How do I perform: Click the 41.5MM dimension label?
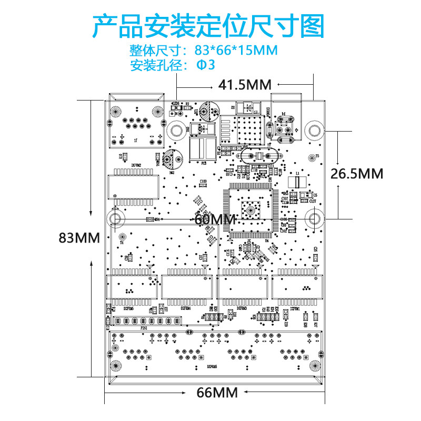coord(245,85)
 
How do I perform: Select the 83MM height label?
coord(79,238)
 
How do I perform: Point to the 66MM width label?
coord(217,393)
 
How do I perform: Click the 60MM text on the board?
coord(215,219)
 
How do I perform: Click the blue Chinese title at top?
coord(209,26)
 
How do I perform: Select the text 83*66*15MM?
coord(236,51)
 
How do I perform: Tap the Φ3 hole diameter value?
coord(206,66)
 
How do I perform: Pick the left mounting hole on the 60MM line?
coord(115,217)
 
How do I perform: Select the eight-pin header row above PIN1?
coord(143,320)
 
